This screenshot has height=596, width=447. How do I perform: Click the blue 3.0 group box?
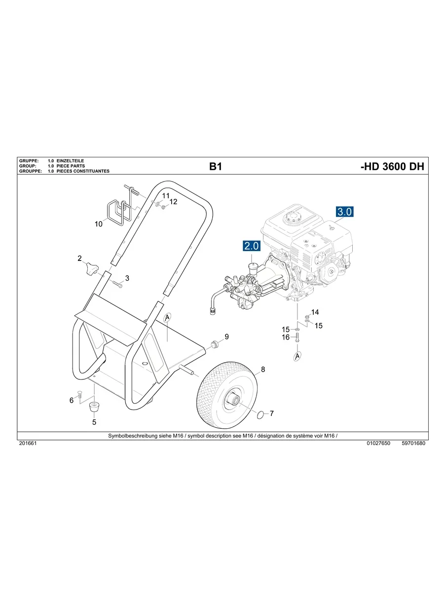pos(344,212)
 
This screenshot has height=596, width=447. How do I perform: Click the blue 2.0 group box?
pos(252,246)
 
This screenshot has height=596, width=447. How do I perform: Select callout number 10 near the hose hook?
pos(98,224)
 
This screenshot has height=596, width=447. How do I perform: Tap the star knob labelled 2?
pos(91,269)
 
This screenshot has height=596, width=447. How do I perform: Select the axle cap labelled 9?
pos(215,343)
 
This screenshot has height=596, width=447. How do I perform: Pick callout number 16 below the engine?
pos(286,337)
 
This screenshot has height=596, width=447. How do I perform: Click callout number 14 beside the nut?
pos(315,312)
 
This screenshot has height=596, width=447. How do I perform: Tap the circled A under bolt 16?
pos(298,356)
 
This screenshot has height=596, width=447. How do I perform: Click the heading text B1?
pos(216,167)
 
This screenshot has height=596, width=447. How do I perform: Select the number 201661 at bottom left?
pos(28,444)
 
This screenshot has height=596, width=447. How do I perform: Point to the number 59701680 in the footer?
pos(413,444)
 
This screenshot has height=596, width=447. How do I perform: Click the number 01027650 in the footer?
pos(378,444)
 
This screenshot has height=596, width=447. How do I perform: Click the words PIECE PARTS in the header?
pos(71,166)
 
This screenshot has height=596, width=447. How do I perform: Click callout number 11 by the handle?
pos(166,196)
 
